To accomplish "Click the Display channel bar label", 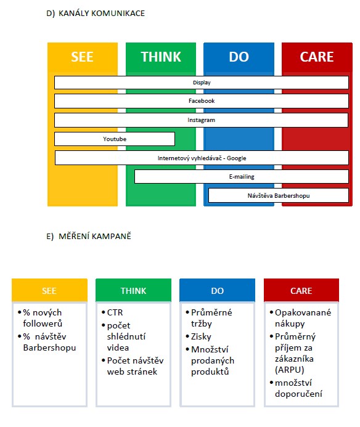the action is pyautogui.click(x=202, y=83).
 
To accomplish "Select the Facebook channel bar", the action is pyautogui.click(x=202, y=101).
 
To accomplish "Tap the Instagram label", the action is pyautogui.click(x=201, y=120).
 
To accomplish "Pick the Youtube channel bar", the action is pyautogui.click(x=115, y=139).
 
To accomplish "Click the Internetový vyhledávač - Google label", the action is pyautogui.click(x=202, y=158).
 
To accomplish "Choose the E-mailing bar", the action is pyautogui.click(x=242, y=176).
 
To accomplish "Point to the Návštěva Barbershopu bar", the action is pyautogui.click(x=279, y=195).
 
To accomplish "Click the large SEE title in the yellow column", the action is pyautogui.click(x=82, y=57).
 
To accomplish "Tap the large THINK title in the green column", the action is pyautogui.click(x=161, y=57).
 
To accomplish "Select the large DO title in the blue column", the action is pyautogui.click(x=239, y=57).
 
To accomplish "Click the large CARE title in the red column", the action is pyautogui.click(x=317, y=57).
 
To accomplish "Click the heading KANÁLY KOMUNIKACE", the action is pyautogui.click(x=102, y=14).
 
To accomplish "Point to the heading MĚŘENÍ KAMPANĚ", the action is pyautogui.click(x=95, y=236).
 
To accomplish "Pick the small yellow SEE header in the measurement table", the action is pyautogui.click(x=49, y=290).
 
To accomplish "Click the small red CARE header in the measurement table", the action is pyautogui.click(x=301, y=290).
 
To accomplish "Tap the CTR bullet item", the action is pyautogui.click(x=115, y=312).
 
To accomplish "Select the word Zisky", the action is pyautogui.click(x=201, y=337).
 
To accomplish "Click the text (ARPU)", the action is pyautogui.click(x=289, y=370).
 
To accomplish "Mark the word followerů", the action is pyautogui.click(x=43, y=323).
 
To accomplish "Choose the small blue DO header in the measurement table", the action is pyautogui.click(x=217, y=290).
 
